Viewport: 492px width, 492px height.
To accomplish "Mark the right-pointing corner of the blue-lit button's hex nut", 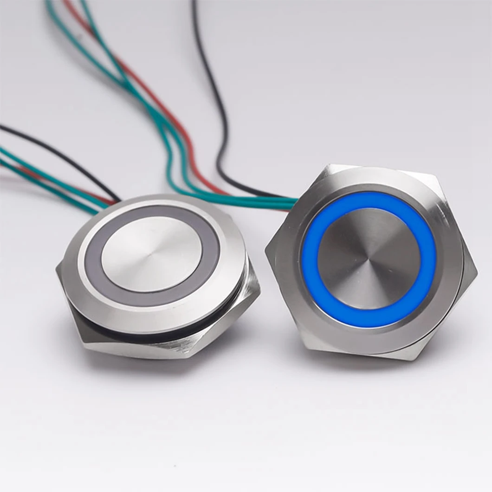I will pos(476,272).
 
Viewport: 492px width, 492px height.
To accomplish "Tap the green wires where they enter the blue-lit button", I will pos(278,202).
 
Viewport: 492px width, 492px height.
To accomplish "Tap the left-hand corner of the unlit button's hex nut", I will pos(58,269).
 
